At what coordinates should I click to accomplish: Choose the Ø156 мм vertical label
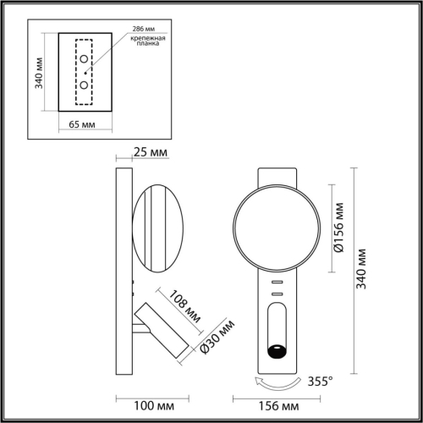339,226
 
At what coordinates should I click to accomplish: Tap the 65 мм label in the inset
80,124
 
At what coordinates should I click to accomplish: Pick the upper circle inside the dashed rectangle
85,67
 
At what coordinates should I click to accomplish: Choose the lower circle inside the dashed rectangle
85,85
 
